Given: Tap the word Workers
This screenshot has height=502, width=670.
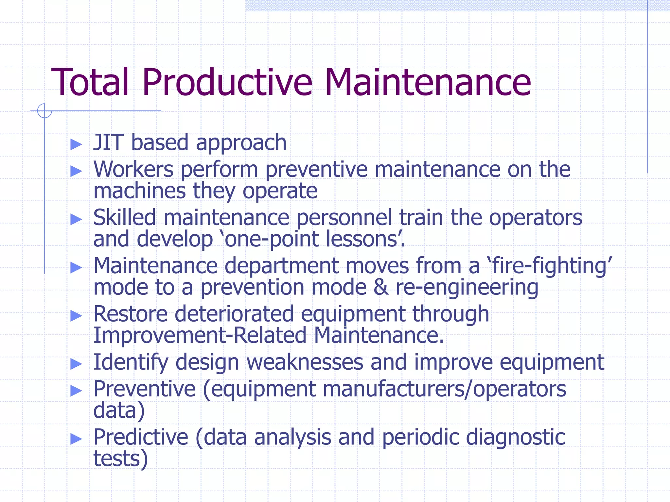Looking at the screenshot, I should pyautogui.click(x=133, y=169).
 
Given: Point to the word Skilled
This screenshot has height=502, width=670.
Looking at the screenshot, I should pyautogui.click(x=124, y=217).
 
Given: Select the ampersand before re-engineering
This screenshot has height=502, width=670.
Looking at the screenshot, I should pyautogui.click(x=381, y=287).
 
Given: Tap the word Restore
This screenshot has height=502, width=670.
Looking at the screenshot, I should pyautogui.click(x=130, y=314).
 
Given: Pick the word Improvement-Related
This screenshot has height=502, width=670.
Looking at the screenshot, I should pyautogui.click(x=200, y=335).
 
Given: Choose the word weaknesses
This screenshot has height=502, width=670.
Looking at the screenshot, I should pyautogui.click(x=305, y=362).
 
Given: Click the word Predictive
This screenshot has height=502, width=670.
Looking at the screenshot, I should pyautogui.click(x=141, y=437).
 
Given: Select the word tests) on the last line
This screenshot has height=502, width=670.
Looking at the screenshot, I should pyautogui.click(x=120, y=459).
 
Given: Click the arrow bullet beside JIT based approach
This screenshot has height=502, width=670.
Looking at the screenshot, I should pyautogui.click(x=76, y=144).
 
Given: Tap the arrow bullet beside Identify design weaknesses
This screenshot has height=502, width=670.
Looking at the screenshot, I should pyautogui.click(x=76, y=363).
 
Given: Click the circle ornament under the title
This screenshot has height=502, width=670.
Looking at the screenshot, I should pyautogui.click(x=44, y=110).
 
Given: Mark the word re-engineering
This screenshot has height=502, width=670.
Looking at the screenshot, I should pyautogui.click(x=467, y=288).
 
